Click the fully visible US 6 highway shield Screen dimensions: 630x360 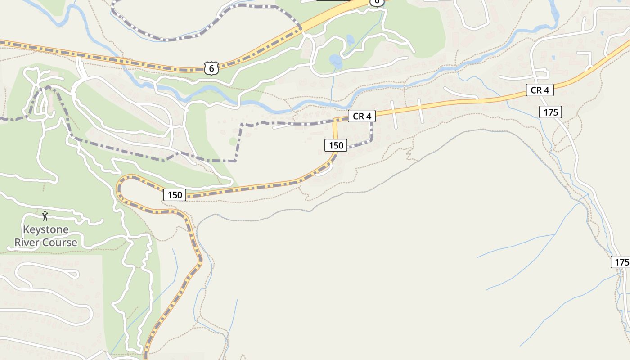pyautogui.click(x=211, y=68)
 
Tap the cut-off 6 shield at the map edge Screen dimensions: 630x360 pyautogui.click(x=377, y=2)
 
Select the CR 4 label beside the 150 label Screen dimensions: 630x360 pyautogui.click(x=361, y=116)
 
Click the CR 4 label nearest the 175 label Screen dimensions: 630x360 pyautogui.click(x=540, y=90)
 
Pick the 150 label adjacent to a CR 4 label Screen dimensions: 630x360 pyautogui.click(x=336, y=145)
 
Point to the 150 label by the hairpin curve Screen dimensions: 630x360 pyautogui.click(x=174, y=195)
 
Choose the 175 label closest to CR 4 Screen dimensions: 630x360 pyautogui.click(x=551, y=112)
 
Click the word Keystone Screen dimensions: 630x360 pyautogui.click(x=45, y=229)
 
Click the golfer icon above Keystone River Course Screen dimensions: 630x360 pyautogui.click(x=45, y=216)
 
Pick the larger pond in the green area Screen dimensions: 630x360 pyautogui.click(x=335, y=60)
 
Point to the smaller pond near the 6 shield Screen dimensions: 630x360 pyautogui.click(x=350, y=41)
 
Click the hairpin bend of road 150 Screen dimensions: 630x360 pyautogui.click(x=119, y=187)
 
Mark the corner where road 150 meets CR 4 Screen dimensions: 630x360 pyautogui.click(x=335, y=121)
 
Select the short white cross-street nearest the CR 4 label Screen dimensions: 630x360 pyautogui.click(x=393, y=115)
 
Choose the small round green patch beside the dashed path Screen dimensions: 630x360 pyautogui.click(x=232, y=141)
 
